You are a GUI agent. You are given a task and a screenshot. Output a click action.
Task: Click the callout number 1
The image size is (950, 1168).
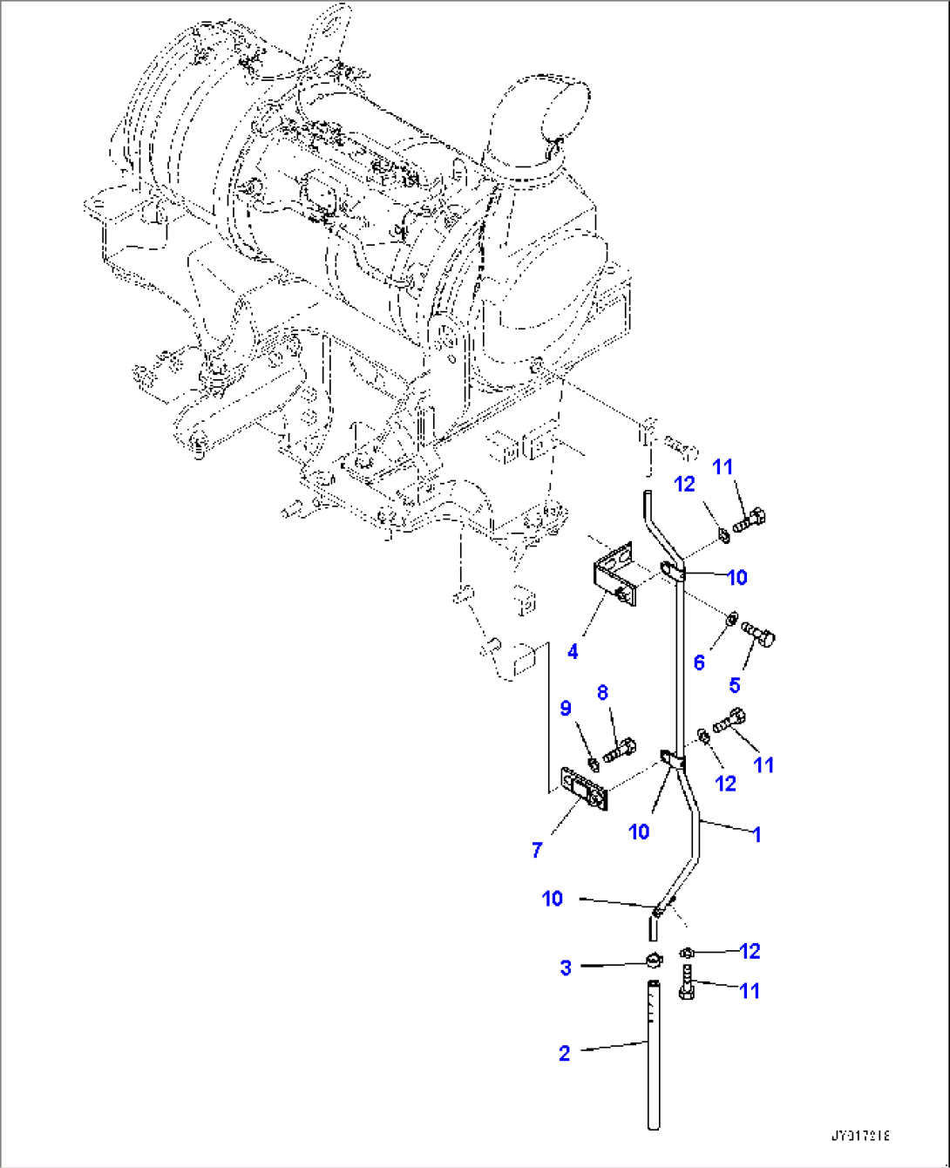pos(757,834)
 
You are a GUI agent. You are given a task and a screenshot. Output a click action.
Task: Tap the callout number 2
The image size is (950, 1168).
pos(564,1053)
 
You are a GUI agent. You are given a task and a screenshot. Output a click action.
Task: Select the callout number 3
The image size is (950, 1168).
pos(566,968)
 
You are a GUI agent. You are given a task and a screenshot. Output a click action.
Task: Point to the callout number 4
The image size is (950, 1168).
pos(573,651)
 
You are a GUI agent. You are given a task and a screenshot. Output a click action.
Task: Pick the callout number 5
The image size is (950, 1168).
pos(734,684)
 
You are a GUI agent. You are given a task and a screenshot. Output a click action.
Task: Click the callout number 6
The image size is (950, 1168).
pos(699,663)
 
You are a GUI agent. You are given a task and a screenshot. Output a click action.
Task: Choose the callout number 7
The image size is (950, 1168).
pos(537,849)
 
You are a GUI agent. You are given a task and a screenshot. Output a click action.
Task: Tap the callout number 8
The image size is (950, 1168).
pos(602,693)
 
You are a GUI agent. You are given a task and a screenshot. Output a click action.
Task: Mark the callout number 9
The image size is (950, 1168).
pos(566,708)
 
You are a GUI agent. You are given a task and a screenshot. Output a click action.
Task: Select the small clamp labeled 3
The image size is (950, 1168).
pos(655,961)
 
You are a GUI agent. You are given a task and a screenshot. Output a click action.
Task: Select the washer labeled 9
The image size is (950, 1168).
pos(593,764)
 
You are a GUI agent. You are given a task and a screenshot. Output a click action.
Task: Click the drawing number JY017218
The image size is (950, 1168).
pos(860,1136)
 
